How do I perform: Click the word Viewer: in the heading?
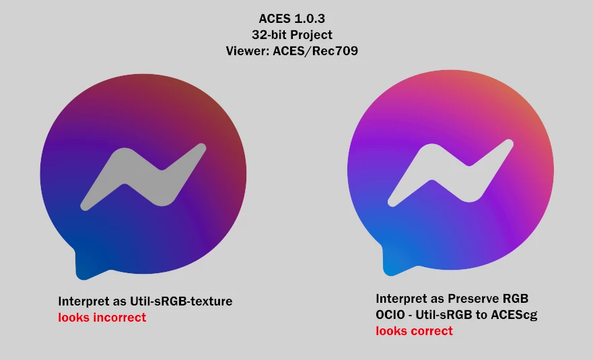pos(247,50)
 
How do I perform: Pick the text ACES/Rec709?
pos(316,50)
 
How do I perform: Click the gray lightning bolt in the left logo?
pos(143,176)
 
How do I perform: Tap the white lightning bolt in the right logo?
pos(451,173)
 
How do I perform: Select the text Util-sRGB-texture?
pos(181,301)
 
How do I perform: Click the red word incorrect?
pos(120,317)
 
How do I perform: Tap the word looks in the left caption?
pos(74,317)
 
